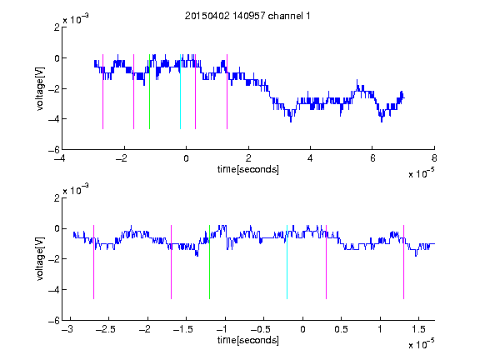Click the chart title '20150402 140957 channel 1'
tap(247, 16)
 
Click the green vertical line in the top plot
tap(149, 92)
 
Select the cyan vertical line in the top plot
tap(180, 92)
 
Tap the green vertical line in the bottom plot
tap(209, 262)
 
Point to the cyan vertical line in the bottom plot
tap(287, 262)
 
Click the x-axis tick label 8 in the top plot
tap(434, 158)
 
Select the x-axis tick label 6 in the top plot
tap(372, 158)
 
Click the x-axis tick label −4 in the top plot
tap(60, 158)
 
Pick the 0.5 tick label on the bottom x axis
tap(341, 329)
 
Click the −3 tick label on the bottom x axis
tap(67, 329)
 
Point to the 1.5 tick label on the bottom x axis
tap(418, 329)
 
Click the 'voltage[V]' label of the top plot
tap(40, 88)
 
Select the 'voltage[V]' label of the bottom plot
tap(40, 258)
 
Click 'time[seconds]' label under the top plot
tap(248, 169)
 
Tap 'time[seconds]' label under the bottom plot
tap(248, 340)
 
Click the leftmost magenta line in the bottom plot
tap(93, 262)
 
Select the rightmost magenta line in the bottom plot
tap(403, 262)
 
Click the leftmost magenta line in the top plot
tap(102, 92)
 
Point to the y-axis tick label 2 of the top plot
tap(57, 27)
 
